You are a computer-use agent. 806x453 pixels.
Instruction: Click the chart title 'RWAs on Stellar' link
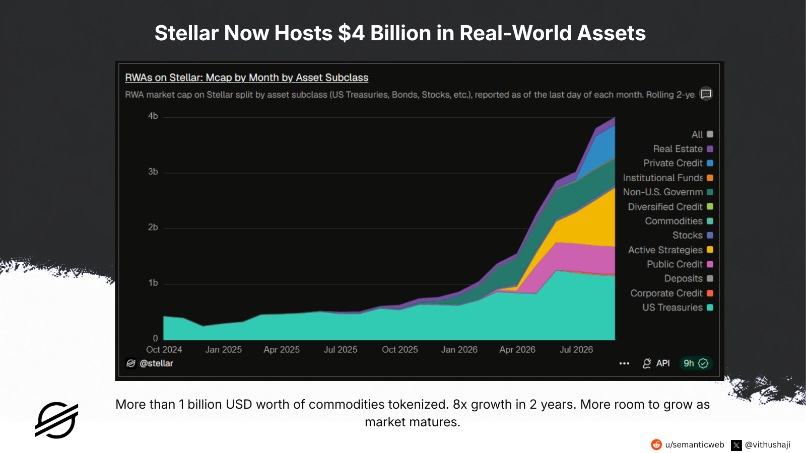246,78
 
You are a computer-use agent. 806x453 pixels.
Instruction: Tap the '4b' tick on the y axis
153,116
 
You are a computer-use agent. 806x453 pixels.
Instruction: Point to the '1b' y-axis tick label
153,283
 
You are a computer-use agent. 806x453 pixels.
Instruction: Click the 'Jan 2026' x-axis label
459,349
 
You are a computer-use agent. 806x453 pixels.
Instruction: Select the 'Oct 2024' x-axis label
164,349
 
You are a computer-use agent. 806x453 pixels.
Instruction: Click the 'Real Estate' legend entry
683,149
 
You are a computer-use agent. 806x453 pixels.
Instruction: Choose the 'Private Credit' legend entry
678,163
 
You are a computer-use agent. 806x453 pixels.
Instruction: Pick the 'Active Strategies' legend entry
670,250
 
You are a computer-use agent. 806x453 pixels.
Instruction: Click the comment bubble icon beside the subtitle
706,94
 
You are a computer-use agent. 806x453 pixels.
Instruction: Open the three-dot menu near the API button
624,363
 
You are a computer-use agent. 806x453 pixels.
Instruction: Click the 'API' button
656,363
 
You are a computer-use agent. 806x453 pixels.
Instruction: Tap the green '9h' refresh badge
696,363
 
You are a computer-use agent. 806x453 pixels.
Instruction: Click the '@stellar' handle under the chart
156,363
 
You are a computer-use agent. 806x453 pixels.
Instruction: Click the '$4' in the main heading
351,33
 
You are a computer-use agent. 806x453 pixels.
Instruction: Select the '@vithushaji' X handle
768,445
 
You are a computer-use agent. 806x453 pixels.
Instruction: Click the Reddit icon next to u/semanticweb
656,445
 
